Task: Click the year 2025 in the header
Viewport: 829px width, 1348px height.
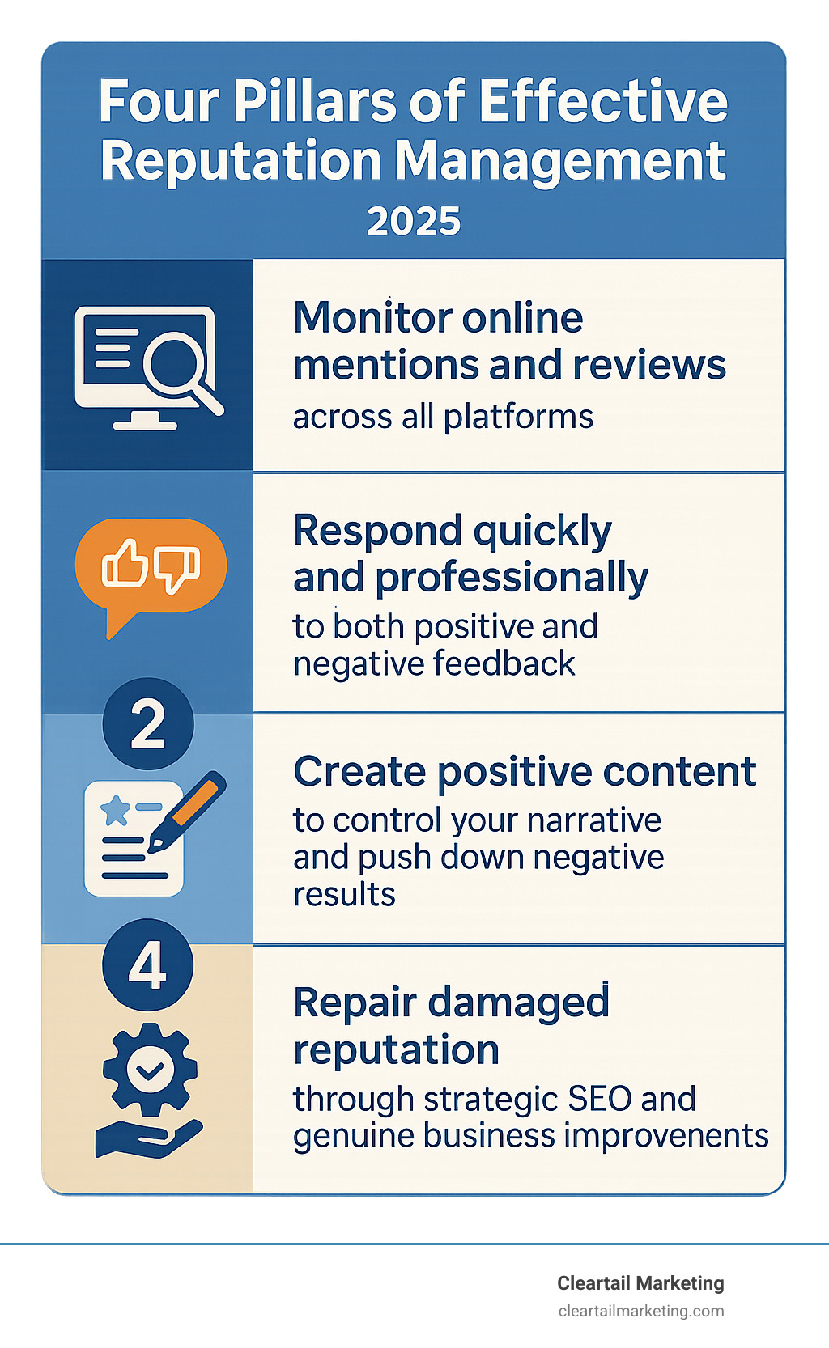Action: coord(414,221)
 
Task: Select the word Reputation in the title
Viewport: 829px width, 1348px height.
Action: coord(240,160)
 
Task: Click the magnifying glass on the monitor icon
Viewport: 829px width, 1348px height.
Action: coord(174,362)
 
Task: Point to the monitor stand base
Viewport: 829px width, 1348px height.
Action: coord(145,423)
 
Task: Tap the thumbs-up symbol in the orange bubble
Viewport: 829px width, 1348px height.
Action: coord(125,564)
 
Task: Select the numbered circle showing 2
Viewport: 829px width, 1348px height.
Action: coord(148,724)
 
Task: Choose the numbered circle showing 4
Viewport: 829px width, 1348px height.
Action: coord(148,964)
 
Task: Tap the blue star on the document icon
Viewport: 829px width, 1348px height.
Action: coord(115,810)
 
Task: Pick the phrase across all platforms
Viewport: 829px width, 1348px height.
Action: coord(443,417)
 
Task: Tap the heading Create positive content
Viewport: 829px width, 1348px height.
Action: coord(525,771)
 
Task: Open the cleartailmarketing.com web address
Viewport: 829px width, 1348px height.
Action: coord(641,1311)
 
